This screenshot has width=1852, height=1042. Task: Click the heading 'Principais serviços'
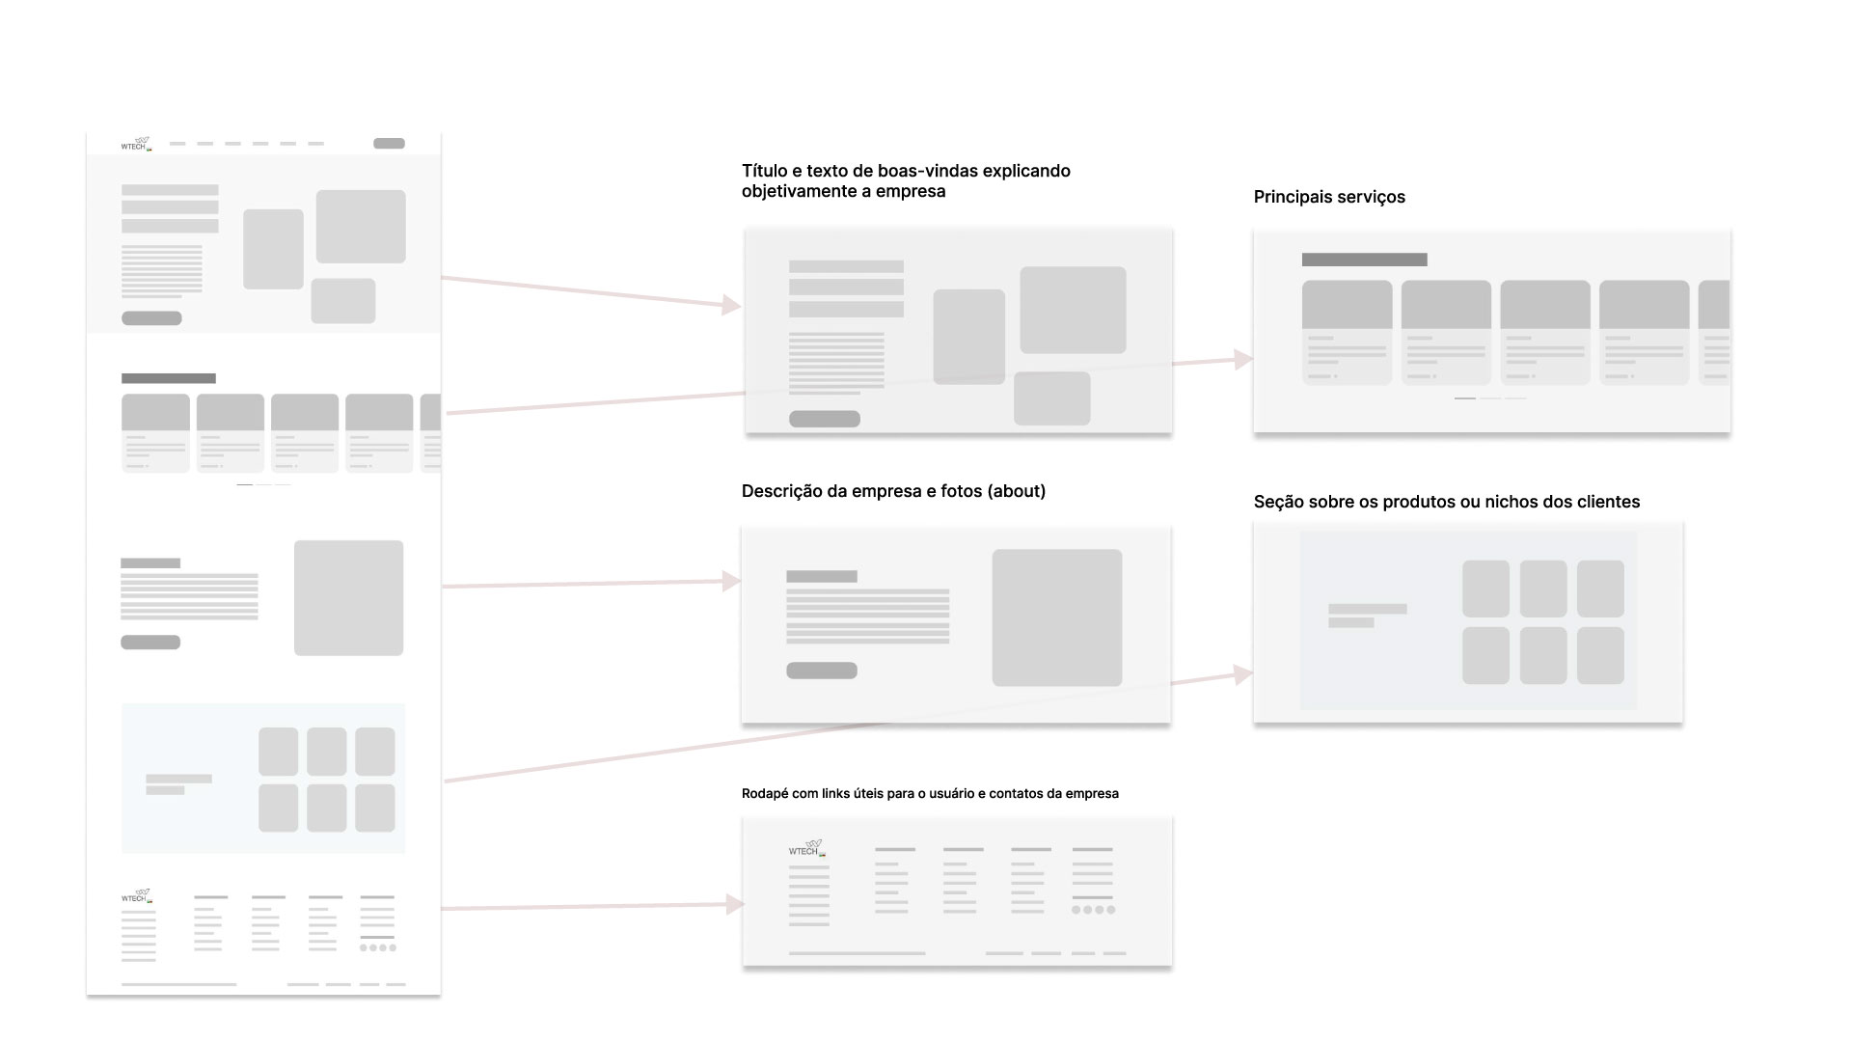tap(1329, 197)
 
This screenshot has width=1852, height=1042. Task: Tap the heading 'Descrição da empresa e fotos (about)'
tap(893, 491)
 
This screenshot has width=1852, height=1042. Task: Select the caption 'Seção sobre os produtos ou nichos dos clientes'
tap(1446, 502)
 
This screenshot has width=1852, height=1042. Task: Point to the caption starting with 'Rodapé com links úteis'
tap(930, 793)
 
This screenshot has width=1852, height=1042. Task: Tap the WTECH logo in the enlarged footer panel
tap(807, 848)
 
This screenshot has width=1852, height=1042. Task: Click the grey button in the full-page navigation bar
tap(389, 144)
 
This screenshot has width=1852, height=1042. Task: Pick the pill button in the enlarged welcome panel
tap(824, 419)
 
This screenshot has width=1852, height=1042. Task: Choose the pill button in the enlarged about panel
tap(821, 671)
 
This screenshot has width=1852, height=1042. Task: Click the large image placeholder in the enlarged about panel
tap(1056, 617)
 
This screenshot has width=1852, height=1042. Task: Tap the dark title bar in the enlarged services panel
tap(1364, 260)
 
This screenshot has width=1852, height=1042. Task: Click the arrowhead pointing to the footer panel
tap(736, 904)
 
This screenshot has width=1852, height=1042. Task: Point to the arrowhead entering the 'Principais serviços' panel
tap(1244, 359)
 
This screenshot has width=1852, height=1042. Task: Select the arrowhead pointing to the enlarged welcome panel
tap(732, 305)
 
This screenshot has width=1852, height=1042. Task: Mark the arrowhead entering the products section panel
tap(1244, 674)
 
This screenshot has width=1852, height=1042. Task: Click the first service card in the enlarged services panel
tap(1347, 332)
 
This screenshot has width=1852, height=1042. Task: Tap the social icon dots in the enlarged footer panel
tap(1093, 910)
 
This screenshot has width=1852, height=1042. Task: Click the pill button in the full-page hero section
tap(151, 318)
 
